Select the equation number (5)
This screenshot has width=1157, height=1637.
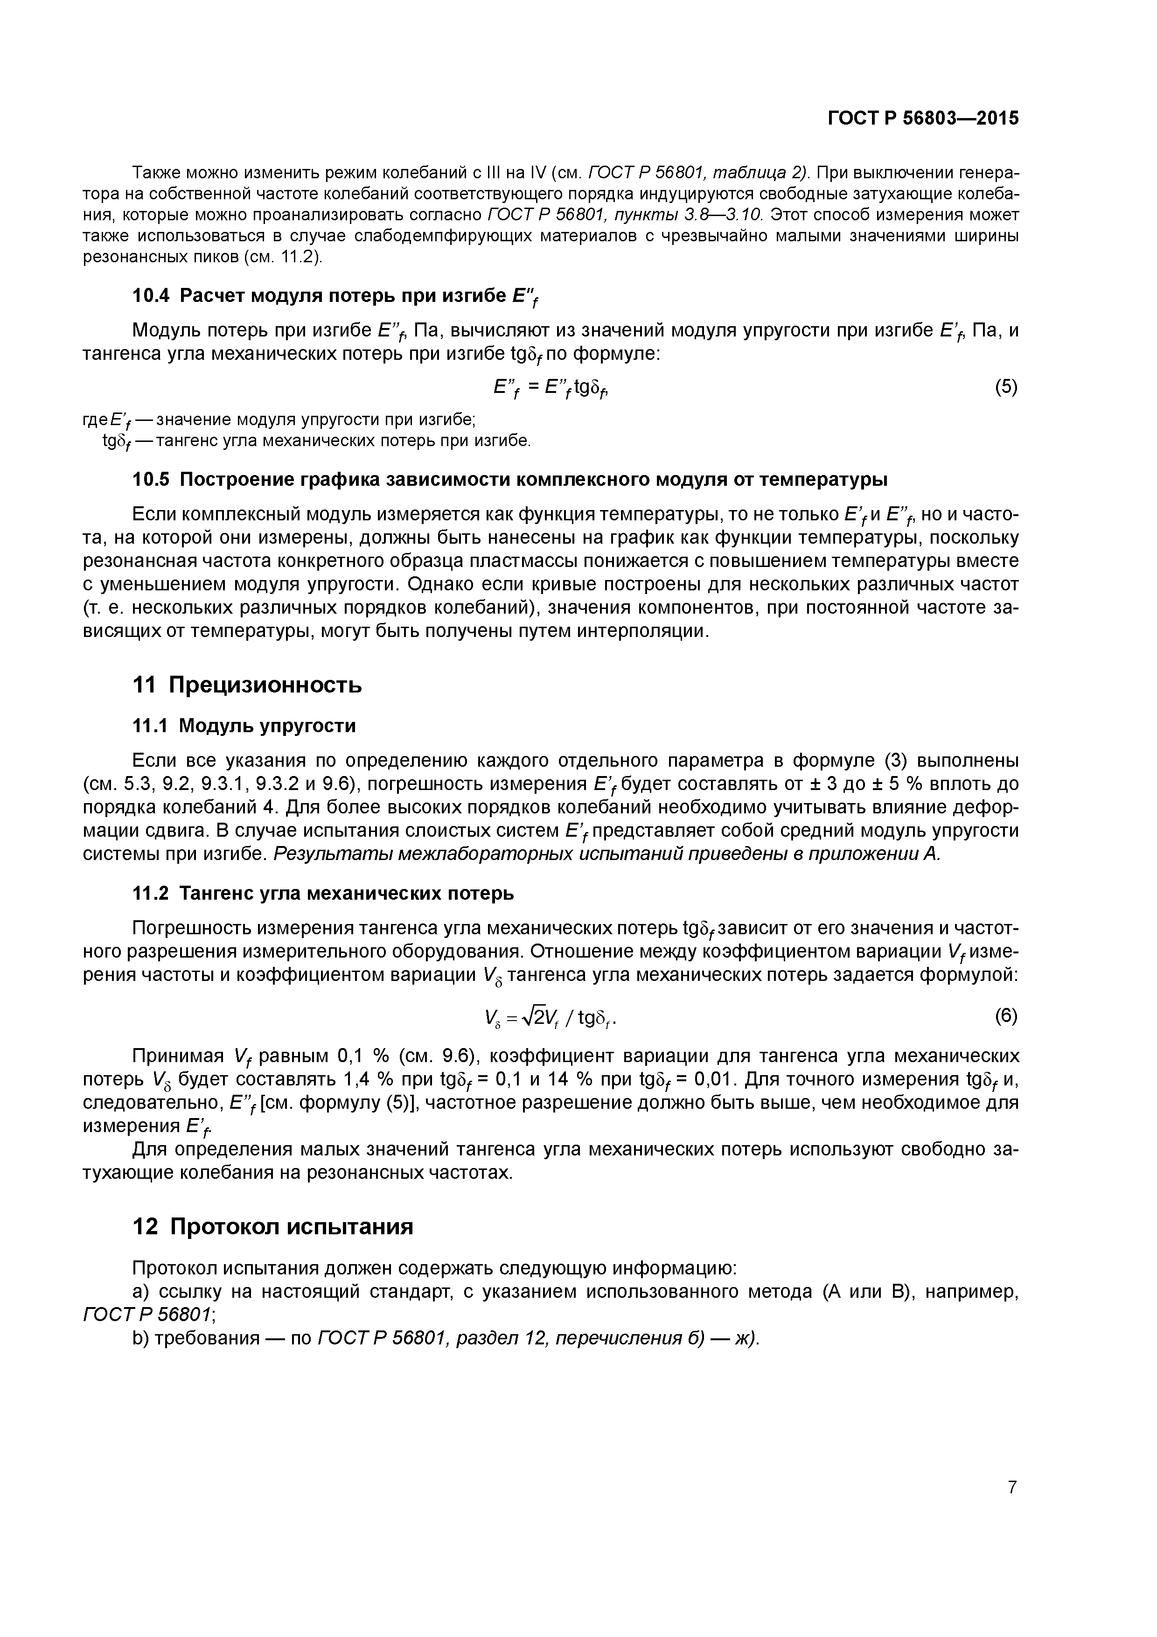tap(1006, 387)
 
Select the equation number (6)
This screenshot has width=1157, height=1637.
tap(1006, 1015)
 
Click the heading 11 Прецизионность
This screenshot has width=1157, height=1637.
tap(247, 685)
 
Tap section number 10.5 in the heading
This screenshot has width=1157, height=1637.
tap(152, 479)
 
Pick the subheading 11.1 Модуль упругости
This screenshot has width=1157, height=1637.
tap(244, 726)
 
